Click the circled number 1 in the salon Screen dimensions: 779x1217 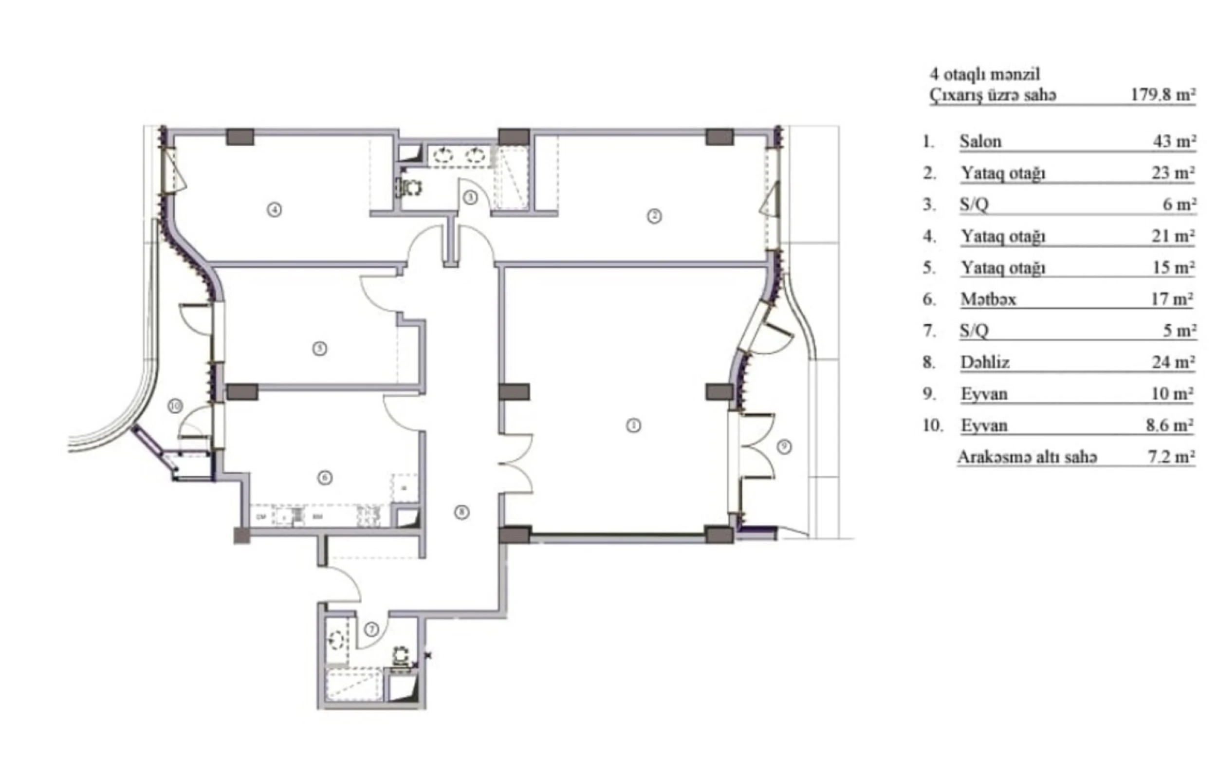(633, 426)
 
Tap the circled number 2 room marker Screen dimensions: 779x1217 (654, 217)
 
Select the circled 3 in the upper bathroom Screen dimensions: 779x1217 (470, 197)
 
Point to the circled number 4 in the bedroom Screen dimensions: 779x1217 (275, 209)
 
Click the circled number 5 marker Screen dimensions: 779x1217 (319, 349)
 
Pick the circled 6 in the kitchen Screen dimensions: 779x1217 (325, 478)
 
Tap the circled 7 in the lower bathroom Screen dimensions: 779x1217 (371, 630)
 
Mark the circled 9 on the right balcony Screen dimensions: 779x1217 (784, 446)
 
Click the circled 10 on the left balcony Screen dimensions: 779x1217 (175, 406)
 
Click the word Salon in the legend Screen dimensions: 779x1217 (980, 142)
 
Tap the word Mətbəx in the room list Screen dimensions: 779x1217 (988, 299)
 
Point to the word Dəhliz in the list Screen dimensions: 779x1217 (985, 363)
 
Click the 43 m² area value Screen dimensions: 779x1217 (1174, 142)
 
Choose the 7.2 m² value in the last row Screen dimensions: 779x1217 (1171, 457)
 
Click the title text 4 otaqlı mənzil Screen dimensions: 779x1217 (985, 74)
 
